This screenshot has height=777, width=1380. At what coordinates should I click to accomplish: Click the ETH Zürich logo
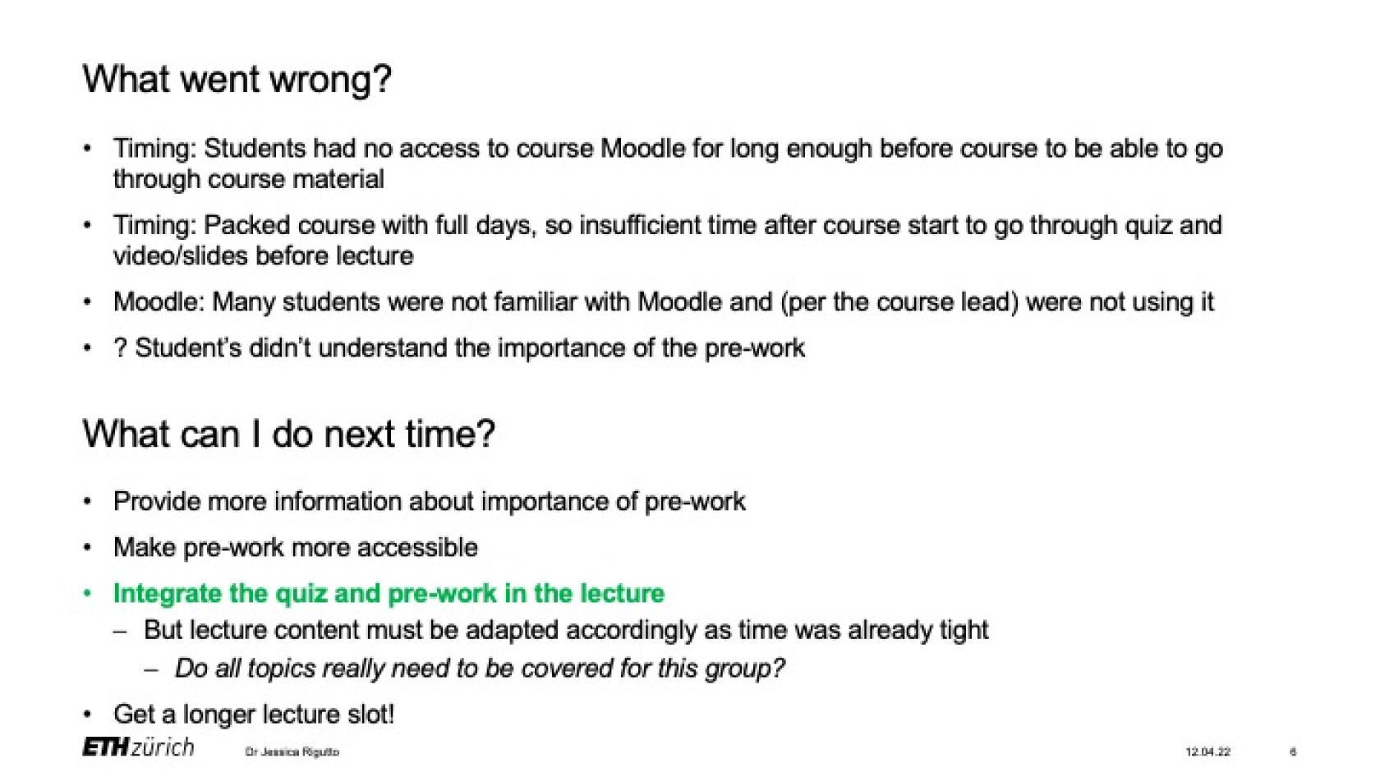tap(139, 747)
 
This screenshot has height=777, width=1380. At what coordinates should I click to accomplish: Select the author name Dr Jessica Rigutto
tap(292, 752)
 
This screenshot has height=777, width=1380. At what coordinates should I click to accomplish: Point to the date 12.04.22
tap(1208, 752)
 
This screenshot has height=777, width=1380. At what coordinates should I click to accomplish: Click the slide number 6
tap(1293, 752)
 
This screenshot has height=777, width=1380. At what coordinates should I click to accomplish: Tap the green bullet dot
tap(88, 594)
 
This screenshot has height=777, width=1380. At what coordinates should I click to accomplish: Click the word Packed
tap(246, 226)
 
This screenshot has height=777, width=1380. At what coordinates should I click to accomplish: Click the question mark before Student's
tap(120, 348)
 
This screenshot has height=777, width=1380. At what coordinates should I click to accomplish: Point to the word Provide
tap(156, 502)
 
